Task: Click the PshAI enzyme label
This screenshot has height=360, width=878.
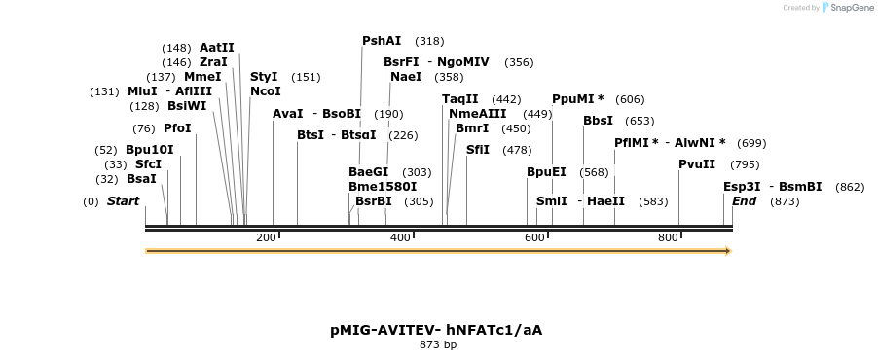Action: click(382, 41)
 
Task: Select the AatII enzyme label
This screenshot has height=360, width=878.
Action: click(216, 48)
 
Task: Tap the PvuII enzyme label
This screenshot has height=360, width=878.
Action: click(697, 164)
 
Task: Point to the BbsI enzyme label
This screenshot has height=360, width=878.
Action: click(598, 121)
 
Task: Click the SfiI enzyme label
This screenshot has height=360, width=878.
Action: click(478, 150)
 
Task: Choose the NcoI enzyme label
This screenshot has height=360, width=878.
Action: click(265, 91)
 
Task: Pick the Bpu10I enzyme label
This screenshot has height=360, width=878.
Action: click(150, 150)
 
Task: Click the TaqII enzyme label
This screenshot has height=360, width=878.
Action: click(460, 99)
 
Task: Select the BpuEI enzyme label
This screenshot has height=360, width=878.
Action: click(546, 172)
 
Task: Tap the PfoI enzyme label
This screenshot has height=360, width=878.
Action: click(177, 128)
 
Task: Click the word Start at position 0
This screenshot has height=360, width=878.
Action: click(124, 201)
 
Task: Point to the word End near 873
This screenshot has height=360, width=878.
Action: click(744, 201)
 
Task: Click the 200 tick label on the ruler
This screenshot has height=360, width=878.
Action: click(266, 238)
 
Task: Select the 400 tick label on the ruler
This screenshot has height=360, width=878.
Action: click(400, 238)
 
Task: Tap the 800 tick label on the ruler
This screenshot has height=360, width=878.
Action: click(668, 238)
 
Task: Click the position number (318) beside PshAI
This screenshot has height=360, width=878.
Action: click(429, 41)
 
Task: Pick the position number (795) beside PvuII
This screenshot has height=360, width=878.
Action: click(745, 164)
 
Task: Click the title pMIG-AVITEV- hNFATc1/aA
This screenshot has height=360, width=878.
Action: click(436, 330)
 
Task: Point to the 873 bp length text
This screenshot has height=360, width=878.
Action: click(438, 344)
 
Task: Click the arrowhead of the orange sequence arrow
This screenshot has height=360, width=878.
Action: click(727, 251)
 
